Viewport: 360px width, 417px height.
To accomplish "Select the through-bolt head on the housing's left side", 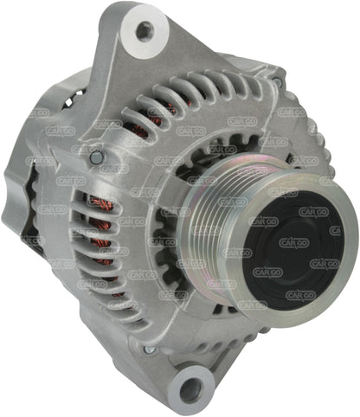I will tap(96, 158).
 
